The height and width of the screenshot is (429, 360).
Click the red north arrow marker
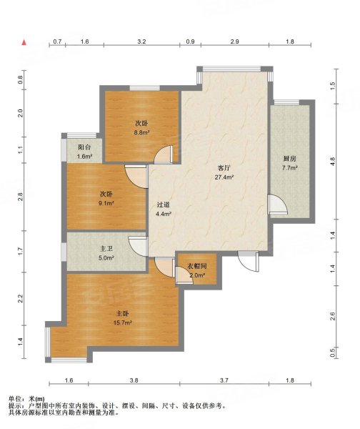[24, 42]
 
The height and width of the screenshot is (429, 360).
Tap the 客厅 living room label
[224, 168]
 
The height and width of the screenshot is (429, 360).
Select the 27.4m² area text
[224, 177]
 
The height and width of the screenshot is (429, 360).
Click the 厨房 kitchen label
[290, 159]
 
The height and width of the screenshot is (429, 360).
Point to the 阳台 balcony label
[84, 147]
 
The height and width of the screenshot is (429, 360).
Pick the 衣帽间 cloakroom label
[197, 266]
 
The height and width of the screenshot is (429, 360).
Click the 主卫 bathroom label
[106, 249]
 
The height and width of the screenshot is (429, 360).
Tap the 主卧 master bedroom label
[122, 314]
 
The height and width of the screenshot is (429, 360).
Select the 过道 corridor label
[164, 204]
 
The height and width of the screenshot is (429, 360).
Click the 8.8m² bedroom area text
[141, 133]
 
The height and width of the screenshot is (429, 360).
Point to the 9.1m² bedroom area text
[106, 203]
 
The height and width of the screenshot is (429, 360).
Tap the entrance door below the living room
[248, 261]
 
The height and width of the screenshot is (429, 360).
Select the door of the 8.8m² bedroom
[164, 155]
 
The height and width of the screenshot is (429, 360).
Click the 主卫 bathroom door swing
[139, 246]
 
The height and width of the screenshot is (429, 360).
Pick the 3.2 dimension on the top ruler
[141, 41]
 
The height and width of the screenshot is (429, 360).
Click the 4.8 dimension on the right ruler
[332, 162]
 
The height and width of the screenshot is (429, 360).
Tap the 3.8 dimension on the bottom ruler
[134, 380]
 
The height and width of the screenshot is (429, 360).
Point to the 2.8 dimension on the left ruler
[20, 197]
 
